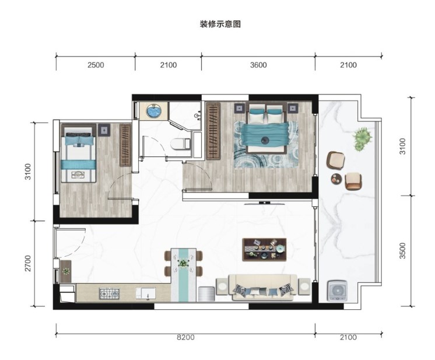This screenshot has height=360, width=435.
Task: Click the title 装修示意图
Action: (220, 25)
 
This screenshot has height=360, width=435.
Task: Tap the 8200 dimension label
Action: (185, 337)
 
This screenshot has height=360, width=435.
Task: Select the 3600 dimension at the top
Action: (258, 65)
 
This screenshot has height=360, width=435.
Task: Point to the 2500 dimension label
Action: (96, 65)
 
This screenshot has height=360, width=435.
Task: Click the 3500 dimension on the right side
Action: (402, 251)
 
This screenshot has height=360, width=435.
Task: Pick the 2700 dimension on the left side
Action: (28, 263)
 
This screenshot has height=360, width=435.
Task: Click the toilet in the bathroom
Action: (180, 144)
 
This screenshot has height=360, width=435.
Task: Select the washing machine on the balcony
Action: (338, 291)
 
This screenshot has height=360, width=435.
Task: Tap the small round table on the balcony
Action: (337, 179)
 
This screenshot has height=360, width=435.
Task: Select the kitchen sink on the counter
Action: (146, 293)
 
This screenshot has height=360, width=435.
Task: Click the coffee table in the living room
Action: (264, 250)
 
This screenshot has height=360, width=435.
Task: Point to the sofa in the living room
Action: (263, 287)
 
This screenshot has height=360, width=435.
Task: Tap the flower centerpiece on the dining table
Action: (183, 263)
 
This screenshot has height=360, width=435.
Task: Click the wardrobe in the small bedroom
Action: (125, 145)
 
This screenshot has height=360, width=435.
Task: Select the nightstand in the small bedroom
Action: (104, 130)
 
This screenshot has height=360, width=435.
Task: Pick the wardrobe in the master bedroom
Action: (213, 131)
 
